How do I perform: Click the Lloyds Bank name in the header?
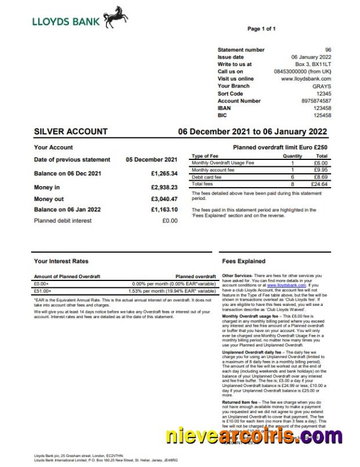(x=67, y=21)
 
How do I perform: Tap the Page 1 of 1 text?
(x=261, y=28)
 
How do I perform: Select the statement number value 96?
(x=328, y=50)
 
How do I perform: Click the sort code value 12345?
(x=323, y=93)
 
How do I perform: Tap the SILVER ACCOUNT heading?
(x=71, y=132)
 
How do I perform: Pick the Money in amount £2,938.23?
(x=164, y=187)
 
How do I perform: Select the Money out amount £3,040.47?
(x=164, y=199)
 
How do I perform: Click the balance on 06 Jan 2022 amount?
(x=164, y=209)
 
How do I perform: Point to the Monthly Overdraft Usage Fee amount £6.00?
(x=321, y=163)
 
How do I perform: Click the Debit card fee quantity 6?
(x=292, y=177)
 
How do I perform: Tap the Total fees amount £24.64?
(x=319, y=184)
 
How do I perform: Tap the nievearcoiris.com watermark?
(x=253, y=436)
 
